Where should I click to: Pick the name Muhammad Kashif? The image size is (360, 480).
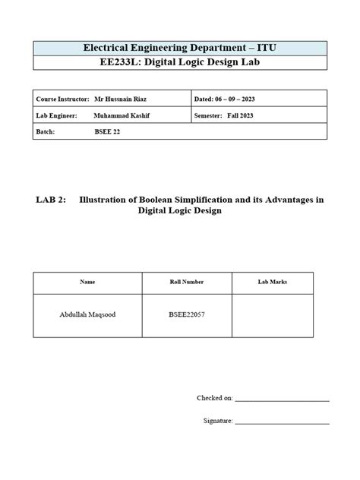point(120,115)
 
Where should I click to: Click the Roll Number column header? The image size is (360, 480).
point(187,282)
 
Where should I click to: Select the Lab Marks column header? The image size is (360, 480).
point(273,282)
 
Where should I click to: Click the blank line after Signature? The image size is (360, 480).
point(282,421)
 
